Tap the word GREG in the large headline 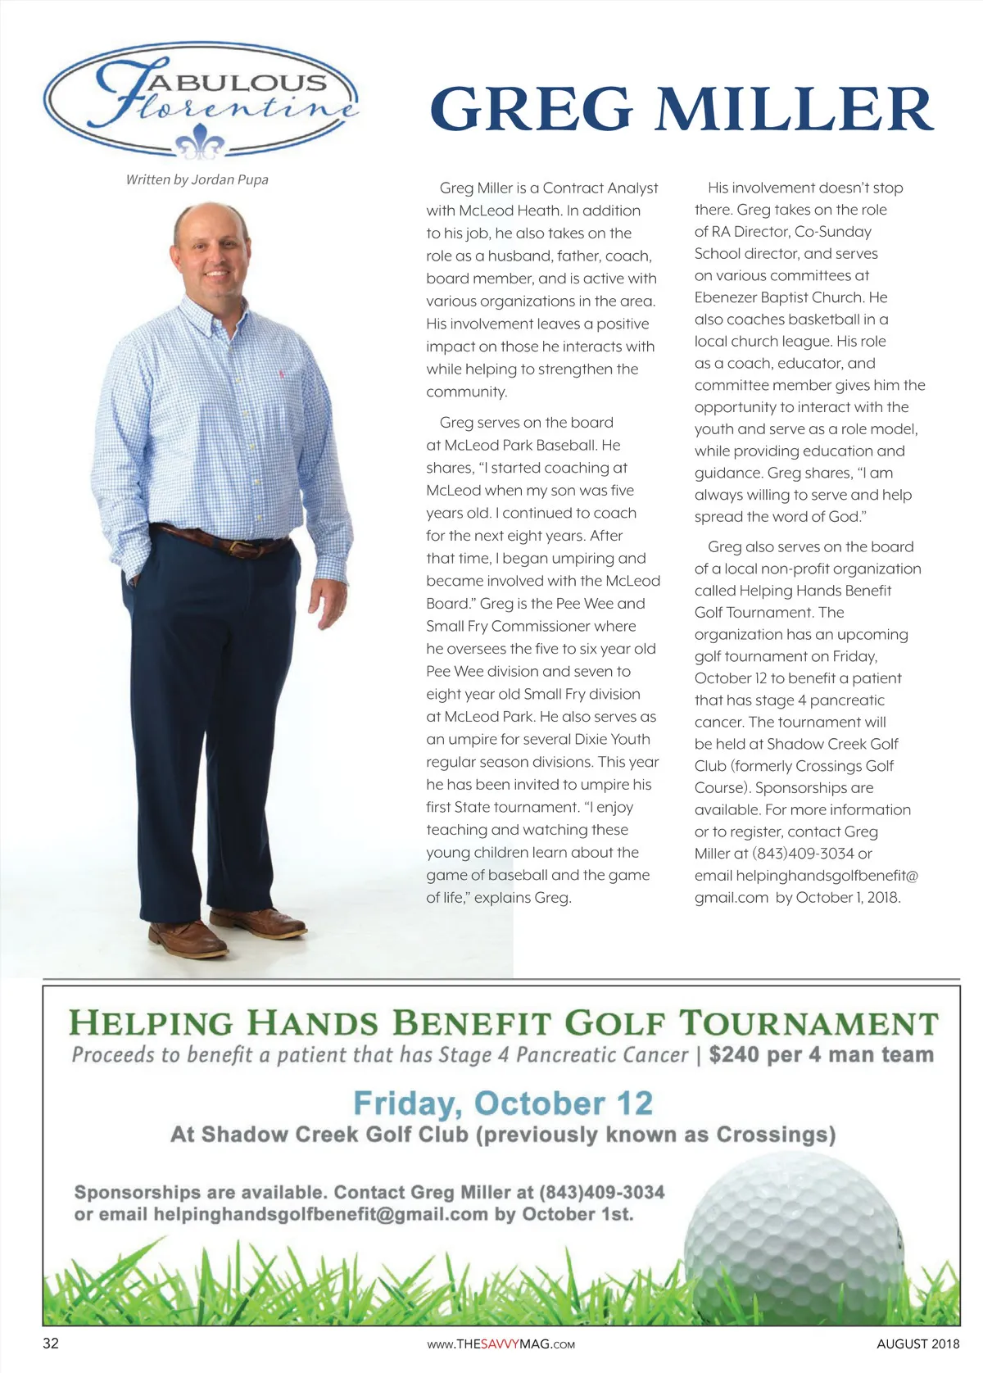531,109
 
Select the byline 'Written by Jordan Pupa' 197,179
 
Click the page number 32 51,1344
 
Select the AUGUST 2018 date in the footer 917,1344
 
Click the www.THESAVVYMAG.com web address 502,1344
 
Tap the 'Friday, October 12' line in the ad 503,1103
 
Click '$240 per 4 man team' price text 821,1054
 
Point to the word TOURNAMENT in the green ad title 809,1024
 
